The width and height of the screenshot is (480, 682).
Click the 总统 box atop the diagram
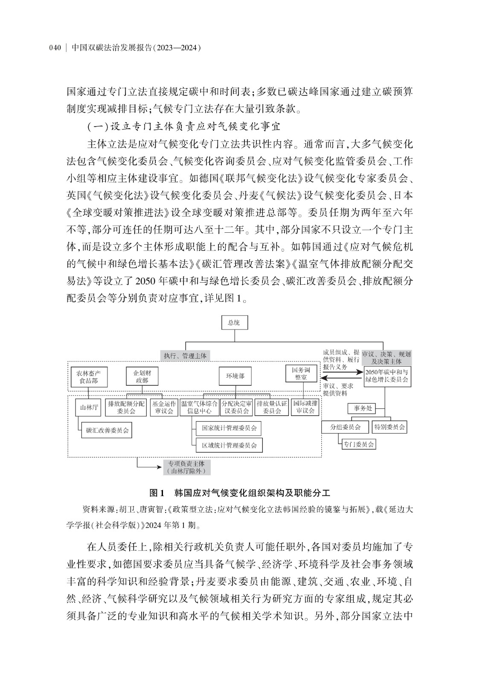pyautogui.click(x=234, y=323)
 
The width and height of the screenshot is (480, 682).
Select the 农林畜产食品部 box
pyautogui.click(x=89, y=377)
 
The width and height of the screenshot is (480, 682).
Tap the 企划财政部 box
pyautogui.click(x=142, y=376)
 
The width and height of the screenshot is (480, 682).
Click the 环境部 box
pyautogui.click(x=235, y=376)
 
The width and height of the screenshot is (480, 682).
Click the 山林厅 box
pyautogui.click(x=89, y=407)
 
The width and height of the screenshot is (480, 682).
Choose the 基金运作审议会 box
pyautogui.click(x=164, y=407)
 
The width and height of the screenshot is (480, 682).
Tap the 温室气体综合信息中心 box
pyautogui.click(x=200, y=407)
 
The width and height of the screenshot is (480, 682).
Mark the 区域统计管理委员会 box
pyautogui.click(x=229, y=445)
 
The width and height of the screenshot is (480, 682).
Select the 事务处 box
pyautogui.click(x=363, y=408)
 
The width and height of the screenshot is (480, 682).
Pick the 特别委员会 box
pyautogui.click(x=389, y=427)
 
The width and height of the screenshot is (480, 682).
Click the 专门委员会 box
pyautogui.click(x=359, y=444)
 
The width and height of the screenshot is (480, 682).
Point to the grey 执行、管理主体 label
pyautogui.click(x=185, y=355)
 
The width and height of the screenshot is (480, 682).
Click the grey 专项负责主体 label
pyautogui.click(x=186, y=467)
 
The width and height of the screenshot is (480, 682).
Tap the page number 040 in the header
pyautogui.click(x=56, y=48)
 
